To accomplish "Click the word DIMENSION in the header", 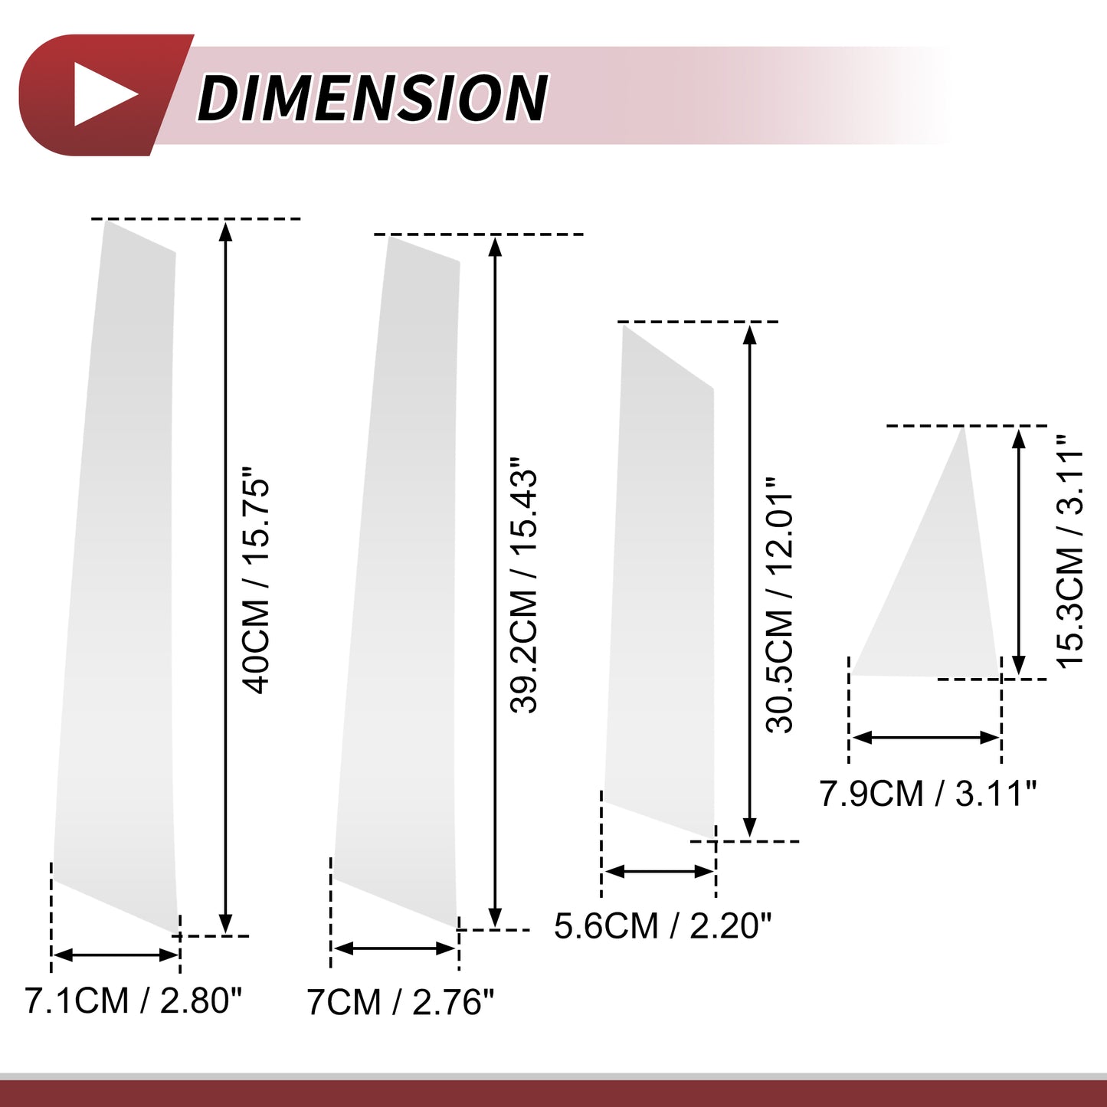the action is pyautogui.click(x=373, y=97).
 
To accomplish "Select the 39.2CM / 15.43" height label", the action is pyautogui.click(x=523, y=585).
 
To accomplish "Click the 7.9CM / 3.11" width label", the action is pyautogui.click(x=929, y=794).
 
